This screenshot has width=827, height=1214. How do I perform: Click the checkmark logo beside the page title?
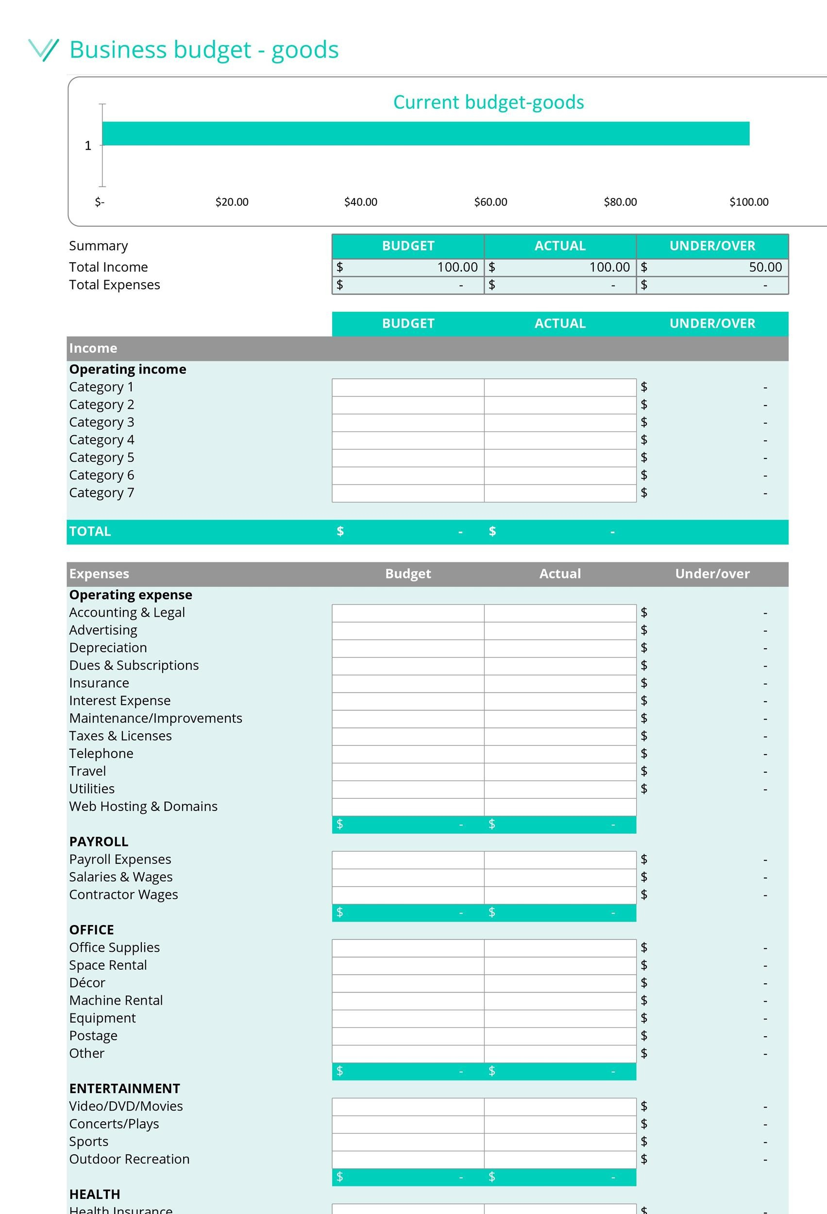43,50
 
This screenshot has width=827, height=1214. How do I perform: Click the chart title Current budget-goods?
488,102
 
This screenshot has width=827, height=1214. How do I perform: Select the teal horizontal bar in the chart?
425,133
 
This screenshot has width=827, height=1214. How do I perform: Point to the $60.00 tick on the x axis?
490,202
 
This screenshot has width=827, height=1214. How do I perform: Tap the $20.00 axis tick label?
232,202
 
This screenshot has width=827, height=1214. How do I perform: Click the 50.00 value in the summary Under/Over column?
765,267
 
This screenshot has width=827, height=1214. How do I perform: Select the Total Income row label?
108,267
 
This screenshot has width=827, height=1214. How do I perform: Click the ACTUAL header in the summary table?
559,246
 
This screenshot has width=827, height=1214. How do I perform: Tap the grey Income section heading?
93,348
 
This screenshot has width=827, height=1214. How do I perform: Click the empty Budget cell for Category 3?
407,422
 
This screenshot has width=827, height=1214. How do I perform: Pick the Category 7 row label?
101,492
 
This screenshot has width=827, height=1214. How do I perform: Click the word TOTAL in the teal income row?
90,531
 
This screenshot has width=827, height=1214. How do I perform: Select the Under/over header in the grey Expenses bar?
711,573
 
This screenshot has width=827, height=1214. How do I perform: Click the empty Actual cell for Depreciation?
559,648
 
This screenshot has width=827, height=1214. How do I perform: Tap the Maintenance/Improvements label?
155,718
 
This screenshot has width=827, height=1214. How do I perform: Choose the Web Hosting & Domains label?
143,806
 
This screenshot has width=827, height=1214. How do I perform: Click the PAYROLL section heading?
99,842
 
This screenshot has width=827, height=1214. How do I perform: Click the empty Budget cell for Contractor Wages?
407,895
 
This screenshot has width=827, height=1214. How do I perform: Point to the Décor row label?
87,982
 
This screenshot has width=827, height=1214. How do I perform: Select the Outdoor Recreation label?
129,1159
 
